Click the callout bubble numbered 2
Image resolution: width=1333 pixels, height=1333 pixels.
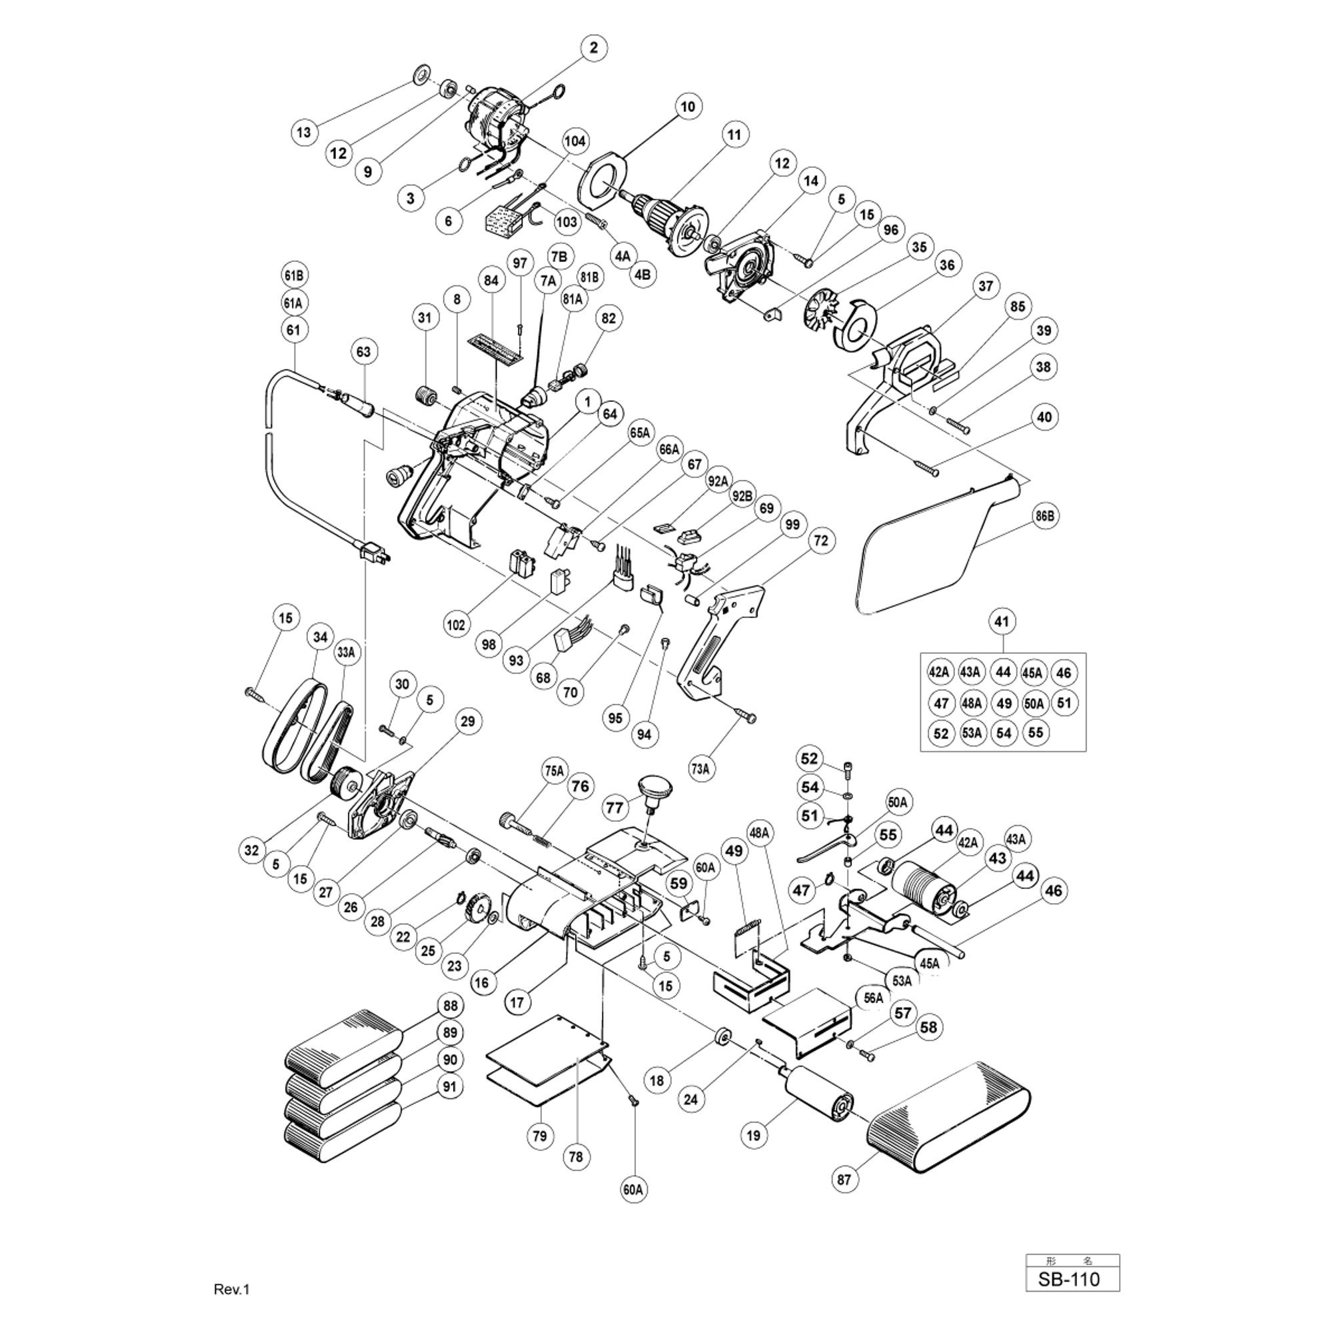pos(594,48)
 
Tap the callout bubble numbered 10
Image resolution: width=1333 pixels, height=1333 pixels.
pos(688,107)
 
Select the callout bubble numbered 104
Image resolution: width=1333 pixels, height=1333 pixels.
pos(575,141)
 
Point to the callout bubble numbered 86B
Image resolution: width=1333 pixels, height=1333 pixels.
pos(1045,517)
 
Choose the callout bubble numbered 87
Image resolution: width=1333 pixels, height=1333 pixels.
pos(844,1179)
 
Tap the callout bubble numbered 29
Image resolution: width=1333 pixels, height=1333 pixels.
pos(468,721)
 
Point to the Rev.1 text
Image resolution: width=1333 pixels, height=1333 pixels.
pos(232,1289)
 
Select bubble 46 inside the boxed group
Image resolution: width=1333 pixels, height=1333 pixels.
pos(1063,672)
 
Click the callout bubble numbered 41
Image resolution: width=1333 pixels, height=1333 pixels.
pos(1002,622)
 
